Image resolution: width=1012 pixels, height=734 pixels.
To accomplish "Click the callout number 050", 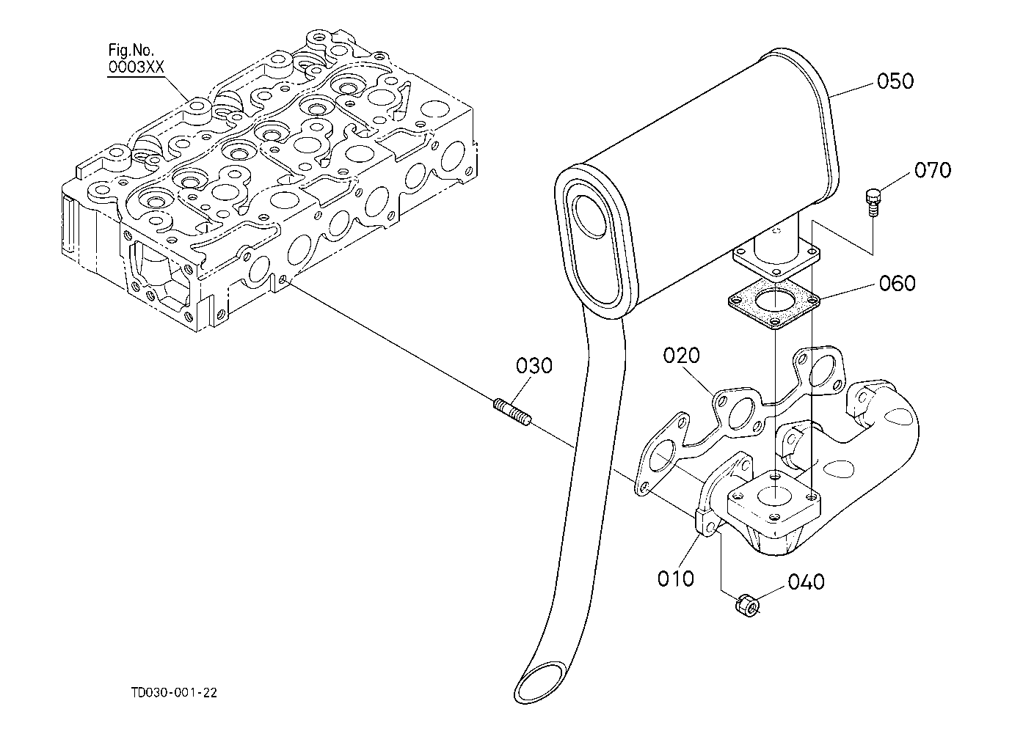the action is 895,81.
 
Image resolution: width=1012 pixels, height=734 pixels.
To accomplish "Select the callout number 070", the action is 933,170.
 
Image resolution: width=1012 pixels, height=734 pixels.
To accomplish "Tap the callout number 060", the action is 897,283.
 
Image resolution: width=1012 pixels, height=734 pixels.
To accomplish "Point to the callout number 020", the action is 681,355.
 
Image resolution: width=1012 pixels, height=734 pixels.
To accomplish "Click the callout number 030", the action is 534,366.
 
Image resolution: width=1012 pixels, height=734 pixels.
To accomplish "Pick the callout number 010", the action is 675,579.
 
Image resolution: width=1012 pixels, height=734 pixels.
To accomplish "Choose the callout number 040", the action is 806,582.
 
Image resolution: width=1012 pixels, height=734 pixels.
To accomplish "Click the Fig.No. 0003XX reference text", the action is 136,59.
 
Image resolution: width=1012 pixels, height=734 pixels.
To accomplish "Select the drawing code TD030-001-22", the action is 174,692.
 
